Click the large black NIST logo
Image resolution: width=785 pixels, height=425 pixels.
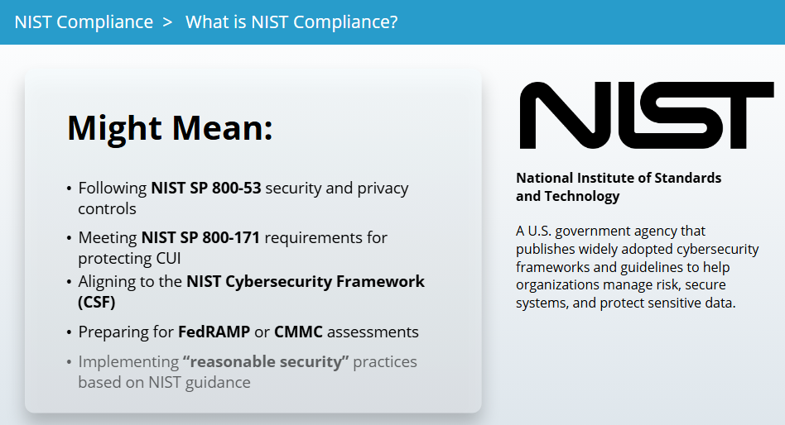(x=647, y=116)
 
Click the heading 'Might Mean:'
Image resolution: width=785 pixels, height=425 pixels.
(x=171, y=128)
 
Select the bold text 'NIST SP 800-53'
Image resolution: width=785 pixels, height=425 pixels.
(x=206, y=188)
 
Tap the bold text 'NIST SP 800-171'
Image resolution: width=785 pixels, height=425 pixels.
(x=200, y=237)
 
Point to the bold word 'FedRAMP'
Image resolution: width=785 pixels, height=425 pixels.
(x=214, y=332)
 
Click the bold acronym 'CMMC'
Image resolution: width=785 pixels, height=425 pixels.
(x=298, y=332)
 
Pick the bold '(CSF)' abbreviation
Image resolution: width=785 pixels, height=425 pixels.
(x=97, y=302)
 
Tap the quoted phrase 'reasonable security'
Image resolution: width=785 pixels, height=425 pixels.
(x=266, y=361)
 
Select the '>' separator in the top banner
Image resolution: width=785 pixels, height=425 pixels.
(x=168, y=22)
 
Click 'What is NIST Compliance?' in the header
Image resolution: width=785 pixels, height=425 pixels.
(x=291, y=22)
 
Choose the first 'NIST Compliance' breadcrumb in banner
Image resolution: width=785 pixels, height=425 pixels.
(x=84, y=22)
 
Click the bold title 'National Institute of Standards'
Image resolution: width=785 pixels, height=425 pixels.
(x=619, y=178)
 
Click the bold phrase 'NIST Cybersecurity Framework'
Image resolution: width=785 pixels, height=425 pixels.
(x=306, y=281)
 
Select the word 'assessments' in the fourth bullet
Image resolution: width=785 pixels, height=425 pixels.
(x=373, y=332)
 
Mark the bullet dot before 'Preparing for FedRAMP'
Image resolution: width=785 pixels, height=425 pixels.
(x=69, y=333)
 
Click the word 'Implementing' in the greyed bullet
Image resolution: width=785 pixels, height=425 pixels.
(x=128, y=362)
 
